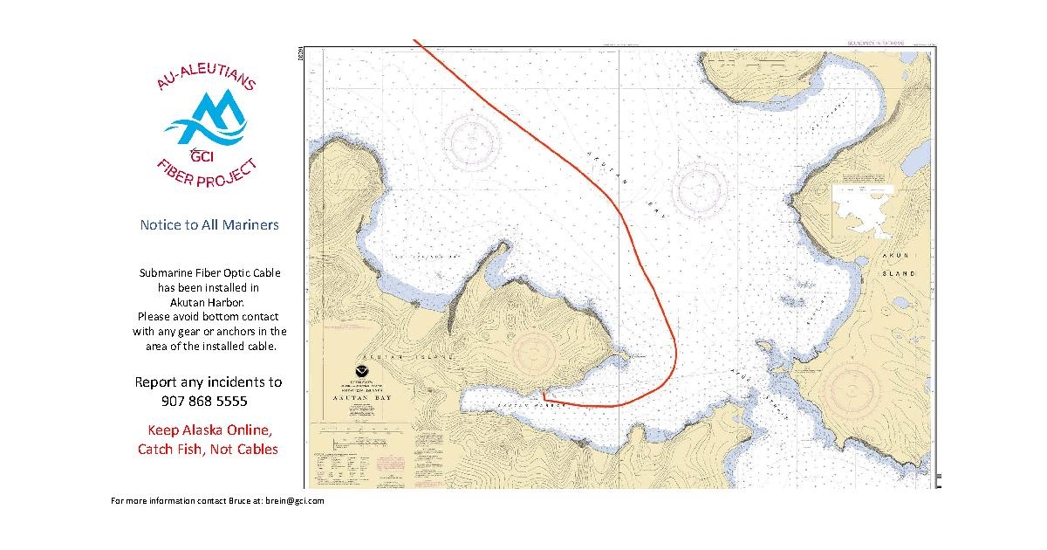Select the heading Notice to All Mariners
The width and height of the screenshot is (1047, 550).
coord(209,225)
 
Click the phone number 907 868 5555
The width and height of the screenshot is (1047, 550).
coord(204,402)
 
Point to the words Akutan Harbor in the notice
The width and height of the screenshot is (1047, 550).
coord(209,301)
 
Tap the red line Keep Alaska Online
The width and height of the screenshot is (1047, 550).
coord(209,430)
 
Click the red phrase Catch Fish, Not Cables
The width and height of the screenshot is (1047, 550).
coord(208,450)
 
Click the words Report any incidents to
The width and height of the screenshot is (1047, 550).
coord(209,382)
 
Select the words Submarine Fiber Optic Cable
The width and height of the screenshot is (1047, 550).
coord(209,273)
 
